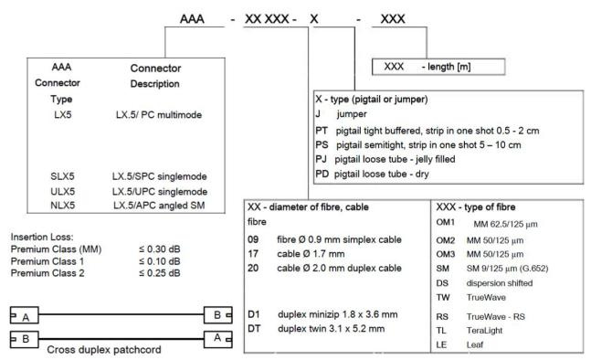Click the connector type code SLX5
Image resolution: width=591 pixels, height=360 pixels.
[x=62, y=176]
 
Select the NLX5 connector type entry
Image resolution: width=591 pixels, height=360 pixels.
[x=62, y=205]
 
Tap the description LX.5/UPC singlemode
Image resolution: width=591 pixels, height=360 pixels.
[x=160, y=192]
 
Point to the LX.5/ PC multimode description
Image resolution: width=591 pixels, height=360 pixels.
[x=159, y=114]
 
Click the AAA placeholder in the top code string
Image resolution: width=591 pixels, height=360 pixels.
[x=192, y=19]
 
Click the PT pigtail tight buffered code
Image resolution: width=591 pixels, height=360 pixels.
[x=322, y=131]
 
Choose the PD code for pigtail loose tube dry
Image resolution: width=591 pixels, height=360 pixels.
[x=322, y=174]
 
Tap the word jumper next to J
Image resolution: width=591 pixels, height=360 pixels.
[x=352, y=114]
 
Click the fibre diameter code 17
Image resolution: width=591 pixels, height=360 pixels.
[x=253, y=254]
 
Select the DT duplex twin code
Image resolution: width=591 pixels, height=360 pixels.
[x=254, y=328]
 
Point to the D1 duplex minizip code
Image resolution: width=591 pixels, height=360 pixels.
[x=254, y=314]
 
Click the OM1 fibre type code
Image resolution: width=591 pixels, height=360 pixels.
[x=445, y=222]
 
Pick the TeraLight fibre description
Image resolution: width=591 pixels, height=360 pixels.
[x=484, y=331]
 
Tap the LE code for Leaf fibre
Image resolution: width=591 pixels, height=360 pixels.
[x=441, y=344]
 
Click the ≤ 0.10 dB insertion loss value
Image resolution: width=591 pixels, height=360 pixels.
[x=160, y=261]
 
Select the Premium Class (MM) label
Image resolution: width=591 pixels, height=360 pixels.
[x=56, y=249]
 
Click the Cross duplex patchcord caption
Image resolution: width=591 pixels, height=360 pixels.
[x=104, y=349]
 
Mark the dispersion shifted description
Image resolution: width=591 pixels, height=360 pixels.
[x=500, y=283]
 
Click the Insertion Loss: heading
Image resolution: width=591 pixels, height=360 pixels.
[x=42, y=237]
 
